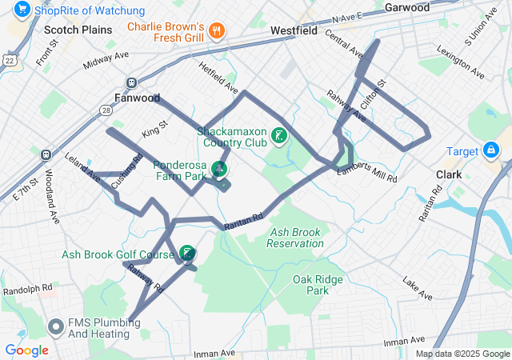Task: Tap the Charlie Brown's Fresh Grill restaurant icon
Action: click(x=215, y=31)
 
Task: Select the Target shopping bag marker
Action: click(x=490, y=150)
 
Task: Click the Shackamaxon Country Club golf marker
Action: click(x=279, y=135)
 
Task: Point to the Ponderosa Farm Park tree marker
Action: click(x=218, y=169)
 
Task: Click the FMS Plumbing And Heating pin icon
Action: click(x=56, y=326)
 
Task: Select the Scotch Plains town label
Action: click(x=78, y=30)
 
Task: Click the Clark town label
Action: click(x=449, y=174)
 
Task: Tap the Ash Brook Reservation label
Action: click(x=295, y=238)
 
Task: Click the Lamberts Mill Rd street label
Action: click(x=366, y=175)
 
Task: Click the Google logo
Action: click(x=26, y=350)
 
